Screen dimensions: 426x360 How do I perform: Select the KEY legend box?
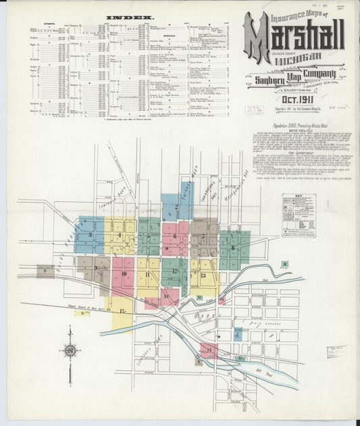[x=299, y=215]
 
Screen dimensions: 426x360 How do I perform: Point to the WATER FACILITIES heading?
[x=297, y=140]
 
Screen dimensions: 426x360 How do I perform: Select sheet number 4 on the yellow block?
[x=120, y=235]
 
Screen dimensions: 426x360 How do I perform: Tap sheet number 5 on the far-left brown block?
[x=45, y=271]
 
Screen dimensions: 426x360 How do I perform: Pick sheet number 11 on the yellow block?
[x=147, y=275]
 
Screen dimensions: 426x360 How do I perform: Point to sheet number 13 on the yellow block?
[x=203, y=275]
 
